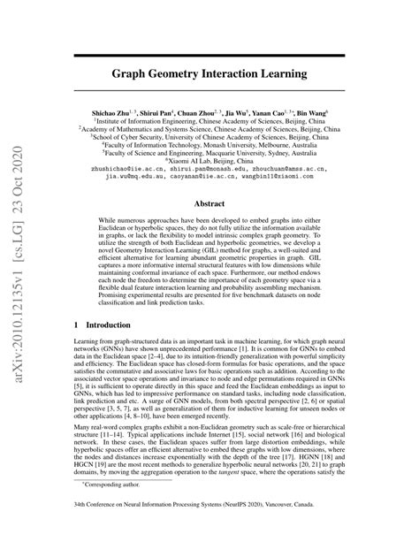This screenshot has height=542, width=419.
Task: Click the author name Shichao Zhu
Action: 141,115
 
